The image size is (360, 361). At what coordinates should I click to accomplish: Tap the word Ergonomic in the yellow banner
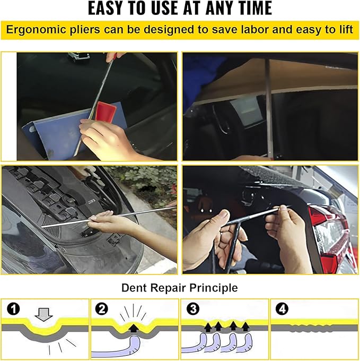(x=39, y=30)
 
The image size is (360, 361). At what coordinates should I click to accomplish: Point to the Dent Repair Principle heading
(x=180, y=288)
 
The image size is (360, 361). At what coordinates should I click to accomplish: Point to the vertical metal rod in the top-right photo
(x=268, y=106)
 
